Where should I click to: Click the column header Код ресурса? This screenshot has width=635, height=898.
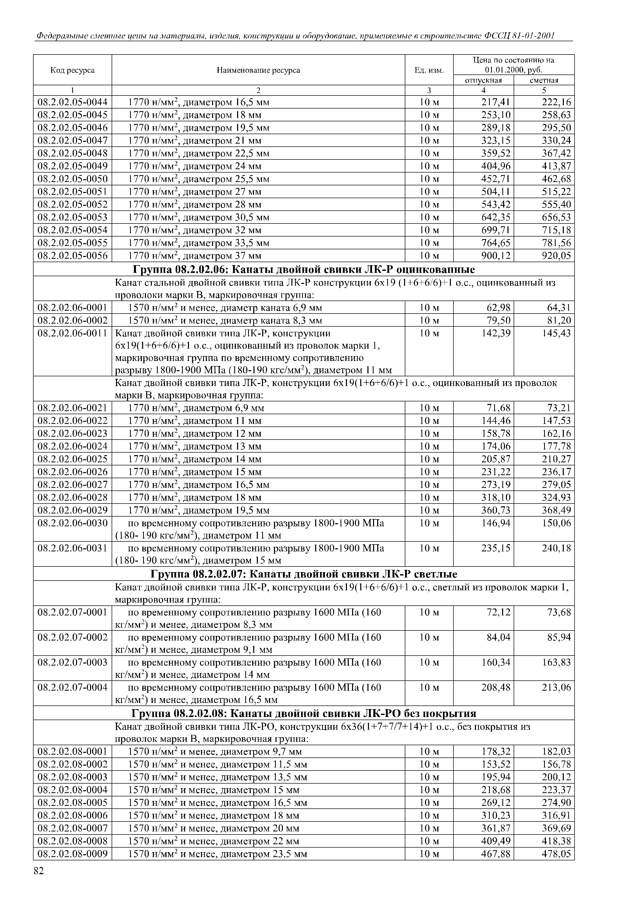pos(72,70)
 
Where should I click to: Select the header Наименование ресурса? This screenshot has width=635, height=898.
pos(258,70)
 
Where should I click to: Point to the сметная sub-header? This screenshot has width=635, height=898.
pos(544,80)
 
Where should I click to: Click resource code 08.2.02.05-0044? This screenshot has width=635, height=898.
pos(72,102)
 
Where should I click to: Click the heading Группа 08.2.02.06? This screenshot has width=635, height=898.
pos(304,270)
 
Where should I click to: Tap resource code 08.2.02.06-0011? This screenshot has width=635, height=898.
pos(72,333)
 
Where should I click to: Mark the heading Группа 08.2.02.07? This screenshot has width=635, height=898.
pos(304,574)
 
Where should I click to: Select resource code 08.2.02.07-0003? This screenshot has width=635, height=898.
pos(72,662)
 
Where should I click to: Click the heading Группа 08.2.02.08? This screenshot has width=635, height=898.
pos(304,713)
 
